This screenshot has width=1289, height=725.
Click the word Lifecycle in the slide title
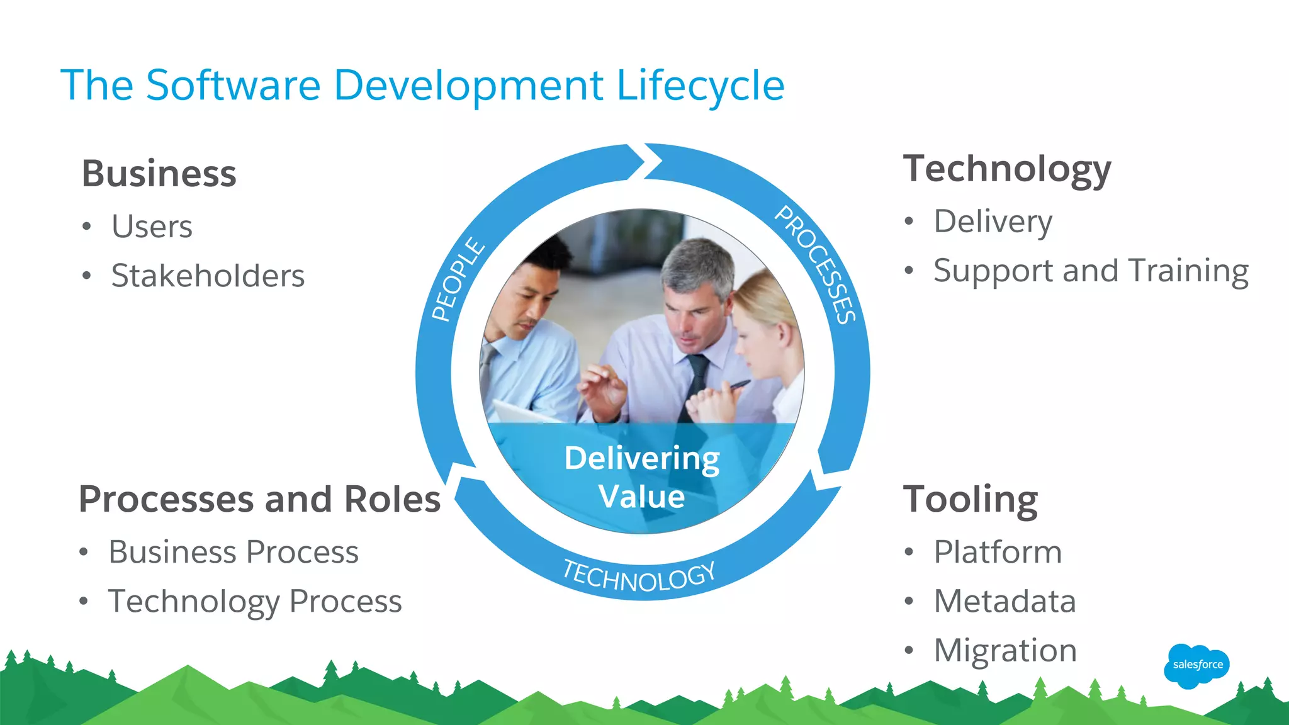700,86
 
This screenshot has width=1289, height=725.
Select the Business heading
159,174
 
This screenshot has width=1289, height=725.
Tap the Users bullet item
152,227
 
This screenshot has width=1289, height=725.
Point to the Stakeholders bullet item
208,276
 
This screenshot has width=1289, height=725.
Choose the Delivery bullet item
993,222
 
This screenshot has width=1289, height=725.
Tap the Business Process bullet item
234,552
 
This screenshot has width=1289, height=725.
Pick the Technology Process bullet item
255,601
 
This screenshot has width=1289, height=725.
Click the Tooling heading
971,500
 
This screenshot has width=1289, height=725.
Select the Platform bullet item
998,552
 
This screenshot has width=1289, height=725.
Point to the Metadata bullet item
1005,601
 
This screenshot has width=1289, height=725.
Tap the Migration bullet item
1005,650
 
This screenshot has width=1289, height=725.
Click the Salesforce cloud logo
1197,665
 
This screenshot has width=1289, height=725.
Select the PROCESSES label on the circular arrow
816,265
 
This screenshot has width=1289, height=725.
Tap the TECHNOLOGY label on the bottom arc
638,576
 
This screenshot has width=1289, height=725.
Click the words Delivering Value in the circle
641,477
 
